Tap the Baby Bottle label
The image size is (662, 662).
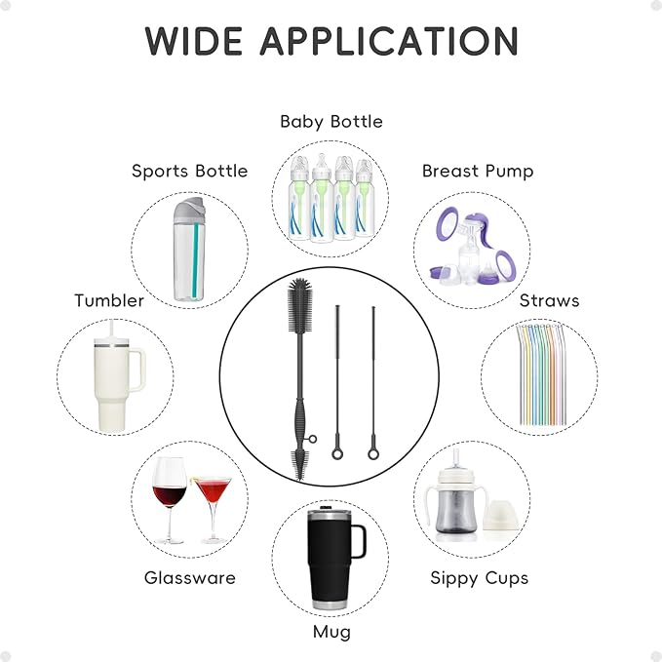point(331,122)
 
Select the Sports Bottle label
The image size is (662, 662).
point(190,171)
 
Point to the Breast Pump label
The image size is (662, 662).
point(478,171)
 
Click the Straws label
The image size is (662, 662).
point(549,300)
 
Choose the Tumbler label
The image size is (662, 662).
point(109,300)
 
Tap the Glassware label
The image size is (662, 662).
point(190,577)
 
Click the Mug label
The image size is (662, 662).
point(331,632)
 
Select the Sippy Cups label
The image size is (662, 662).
point(480,577)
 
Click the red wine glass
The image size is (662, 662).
point(169,497)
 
